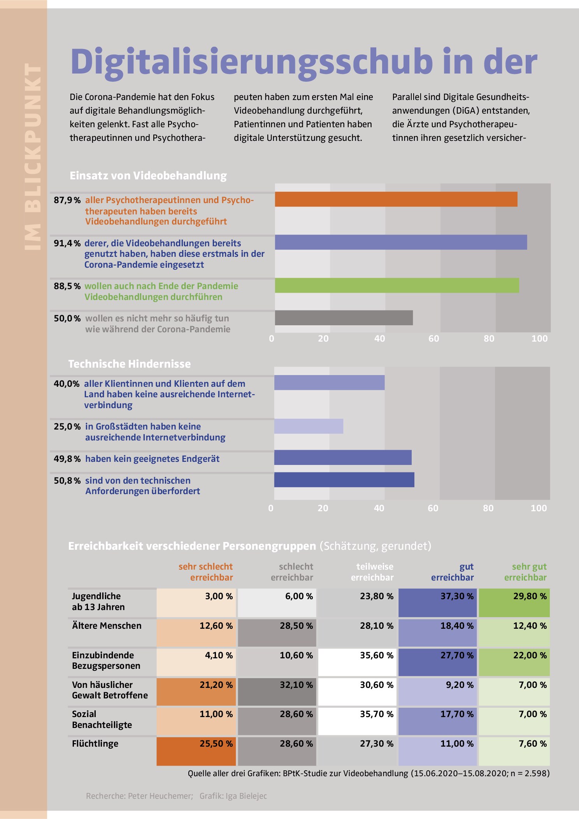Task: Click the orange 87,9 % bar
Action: pyautogui.click(x=396, y=199)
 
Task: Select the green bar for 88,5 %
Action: pyautogui.click(x=397, y=285)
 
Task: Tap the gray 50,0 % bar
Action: pyautogui.click(x=344, y=317)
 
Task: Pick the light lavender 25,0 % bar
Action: pyautogui.click(x=309, y=426)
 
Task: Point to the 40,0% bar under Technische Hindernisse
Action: pyautogui.click(x=329, y=382)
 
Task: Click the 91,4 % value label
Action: pyautogui.click(x=67, y=244)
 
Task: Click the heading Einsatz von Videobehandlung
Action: pyautogui.click(x=148, y=176)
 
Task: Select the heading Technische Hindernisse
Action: pyautogui.click(x=130, y=364)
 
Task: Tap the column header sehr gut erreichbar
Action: pyautogui.click(x=525, y=572)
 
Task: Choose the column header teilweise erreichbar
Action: pyautogui.click(x=372, y=572)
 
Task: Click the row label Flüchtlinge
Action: pyautogui.click(x=95, y=744)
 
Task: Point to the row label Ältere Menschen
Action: pyautogui.click(x=107, y=626)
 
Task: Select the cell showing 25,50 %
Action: pyautogui.click(x=196, y=751)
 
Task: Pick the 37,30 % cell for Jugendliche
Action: pyautogui.click(x=437, y=603)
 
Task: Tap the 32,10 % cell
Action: pyautogui.click(x=277, y=692)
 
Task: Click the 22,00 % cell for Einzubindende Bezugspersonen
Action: pyautogui.click(x=514, y=662)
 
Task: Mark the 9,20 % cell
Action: pyautogui.click(x=437, y=692)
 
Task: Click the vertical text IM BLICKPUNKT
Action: pyautogui.click(x=33, y=156)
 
